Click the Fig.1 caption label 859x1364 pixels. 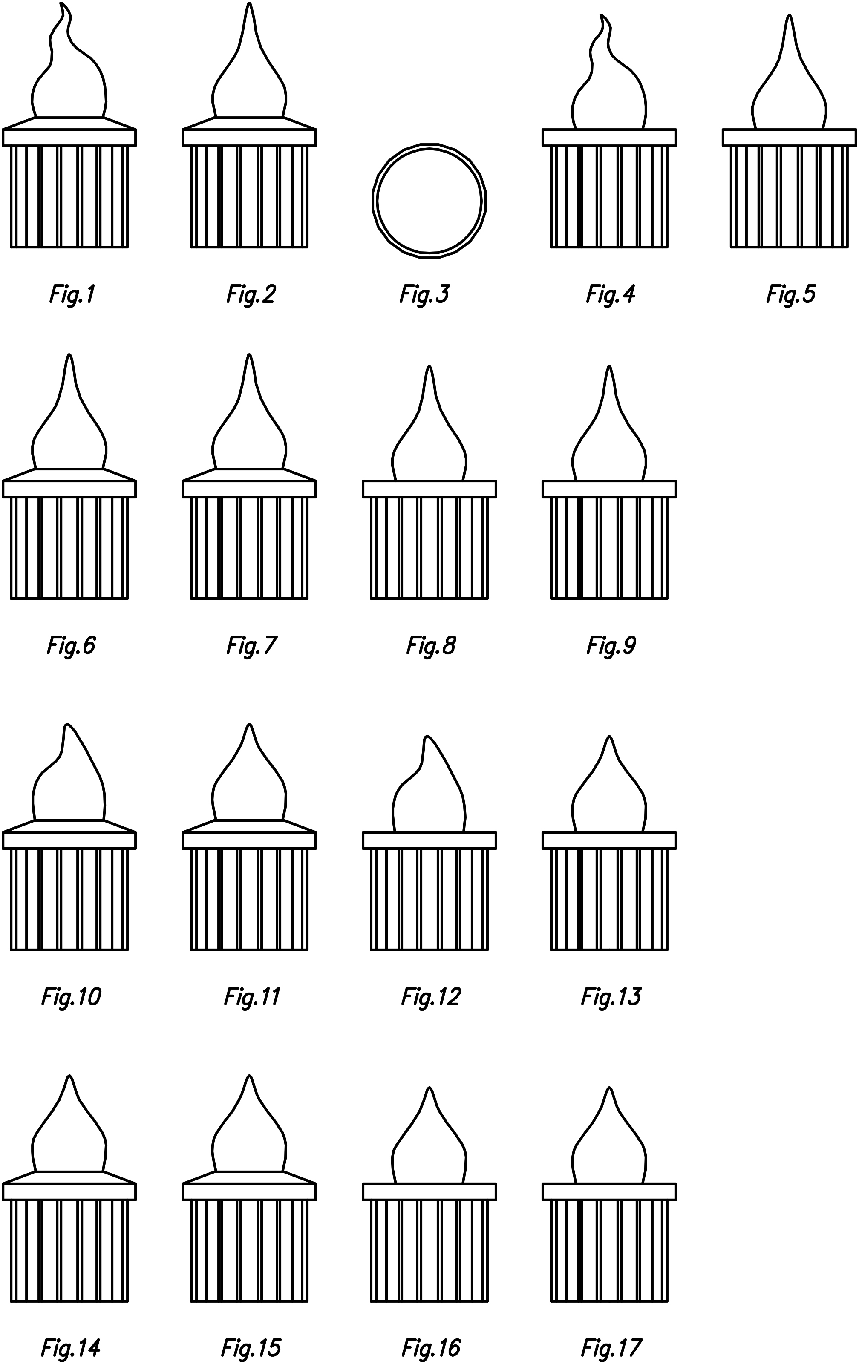click(x=72, y=294)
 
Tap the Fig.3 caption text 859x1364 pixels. click(x=424, y=294)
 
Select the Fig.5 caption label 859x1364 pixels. click(x=790, y=294)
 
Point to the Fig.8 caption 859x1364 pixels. click(x=431, y=646)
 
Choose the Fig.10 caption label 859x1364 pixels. click(x=71, y=997)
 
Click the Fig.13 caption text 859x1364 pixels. click(x=611, y=997)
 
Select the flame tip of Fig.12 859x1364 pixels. click(x=427, y=738)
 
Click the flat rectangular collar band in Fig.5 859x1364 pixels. click(x=789, y=137)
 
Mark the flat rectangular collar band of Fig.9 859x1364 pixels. click(x=609, y=489)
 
